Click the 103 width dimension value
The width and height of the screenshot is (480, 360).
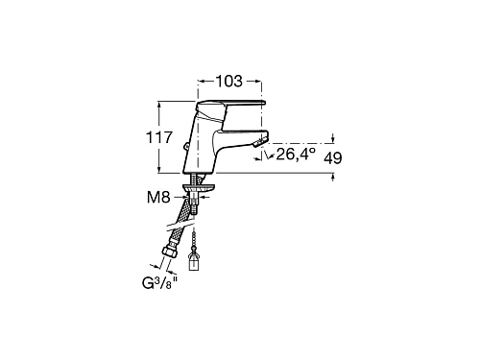pyautogui.click(x=229, y=82)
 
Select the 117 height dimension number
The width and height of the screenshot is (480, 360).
pyautogui.click(x=159, y=137)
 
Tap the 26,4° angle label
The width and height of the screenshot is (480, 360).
pyautogui.click(x=296, y=155)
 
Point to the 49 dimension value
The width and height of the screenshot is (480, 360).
pyautogui.click(x=333, y=158)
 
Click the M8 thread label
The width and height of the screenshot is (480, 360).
pyautogui.click(x=158, y=198)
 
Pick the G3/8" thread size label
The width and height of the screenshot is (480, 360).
pyautogui.click(x=159, y=283)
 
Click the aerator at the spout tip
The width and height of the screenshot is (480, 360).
pyautogui.click(x=259, y=142)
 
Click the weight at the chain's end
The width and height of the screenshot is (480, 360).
pyautogui.click(x=194, y=261)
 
